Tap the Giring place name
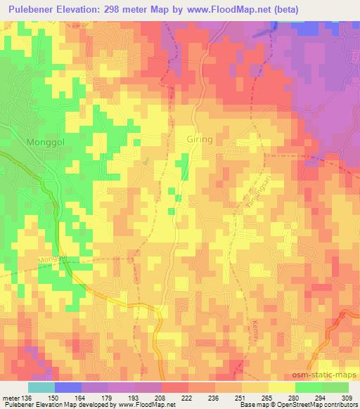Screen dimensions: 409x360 (200, 139)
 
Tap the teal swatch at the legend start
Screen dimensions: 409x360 (41, 387)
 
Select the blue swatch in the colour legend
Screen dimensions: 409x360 (68, 387)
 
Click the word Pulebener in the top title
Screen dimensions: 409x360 (34, 10)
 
